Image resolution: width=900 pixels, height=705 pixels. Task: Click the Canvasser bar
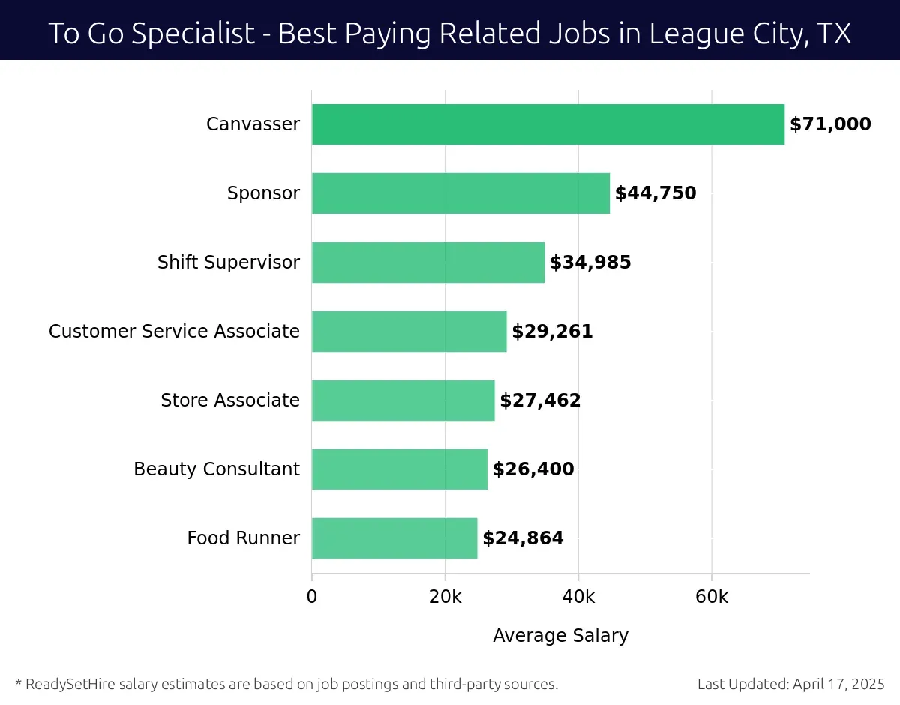coord(547,124)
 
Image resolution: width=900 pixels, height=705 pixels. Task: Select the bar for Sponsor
coord(460,193)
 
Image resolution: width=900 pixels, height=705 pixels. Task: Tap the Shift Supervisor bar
coord(427,262)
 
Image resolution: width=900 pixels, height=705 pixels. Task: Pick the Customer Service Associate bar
coord(409,331)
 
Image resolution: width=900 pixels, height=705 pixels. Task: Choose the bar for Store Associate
coord(403,400)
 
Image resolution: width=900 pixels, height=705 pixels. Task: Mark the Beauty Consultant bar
coord(399,469)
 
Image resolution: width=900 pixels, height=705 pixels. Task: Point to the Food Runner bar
coord(394,538)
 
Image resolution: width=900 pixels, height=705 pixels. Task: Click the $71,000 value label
coord(830,124)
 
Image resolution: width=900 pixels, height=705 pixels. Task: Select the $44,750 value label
coord(655,193)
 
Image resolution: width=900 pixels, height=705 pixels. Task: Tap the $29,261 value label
coord(552,331)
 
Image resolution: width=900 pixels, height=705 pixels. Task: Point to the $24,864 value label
coord(523,538)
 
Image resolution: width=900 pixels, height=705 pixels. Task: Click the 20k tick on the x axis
coord(445,597)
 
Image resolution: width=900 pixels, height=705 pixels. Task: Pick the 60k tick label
coord(711,597)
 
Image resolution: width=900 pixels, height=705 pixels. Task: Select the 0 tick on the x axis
coord(312,597)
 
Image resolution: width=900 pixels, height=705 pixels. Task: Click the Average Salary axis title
coord(560,636)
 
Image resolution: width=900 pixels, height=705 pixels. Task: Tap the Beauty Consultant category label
coord(216,469)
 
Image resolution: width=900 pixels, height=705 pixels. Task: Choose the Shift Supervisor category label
coord(228,262)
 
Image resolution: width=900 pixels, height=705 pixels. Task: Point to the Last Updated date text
coord(790,684)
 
